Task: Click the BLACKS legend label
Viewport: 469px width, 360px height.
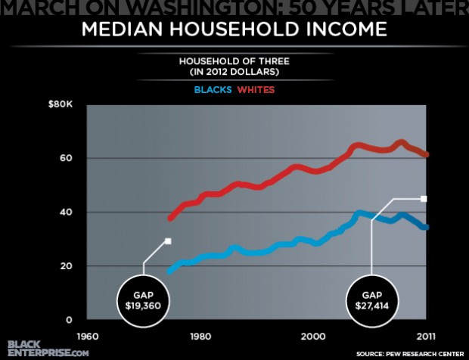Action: point(213,90)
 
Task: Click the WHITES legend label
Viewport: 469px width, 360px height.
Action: point(257,90)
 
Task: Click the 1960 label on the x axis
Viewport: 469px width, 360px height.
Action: point(87,336)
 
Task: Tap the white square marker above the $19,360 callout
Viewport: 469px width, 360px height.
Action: point(168,241)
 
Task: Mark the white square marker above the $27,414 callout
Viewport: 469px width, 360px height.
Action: point(424,199)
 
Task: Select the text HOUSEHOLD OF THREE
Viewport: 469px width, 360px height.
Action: point(234,61)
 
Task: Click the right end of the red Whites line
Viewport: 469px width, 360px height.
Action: point(427,154)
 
